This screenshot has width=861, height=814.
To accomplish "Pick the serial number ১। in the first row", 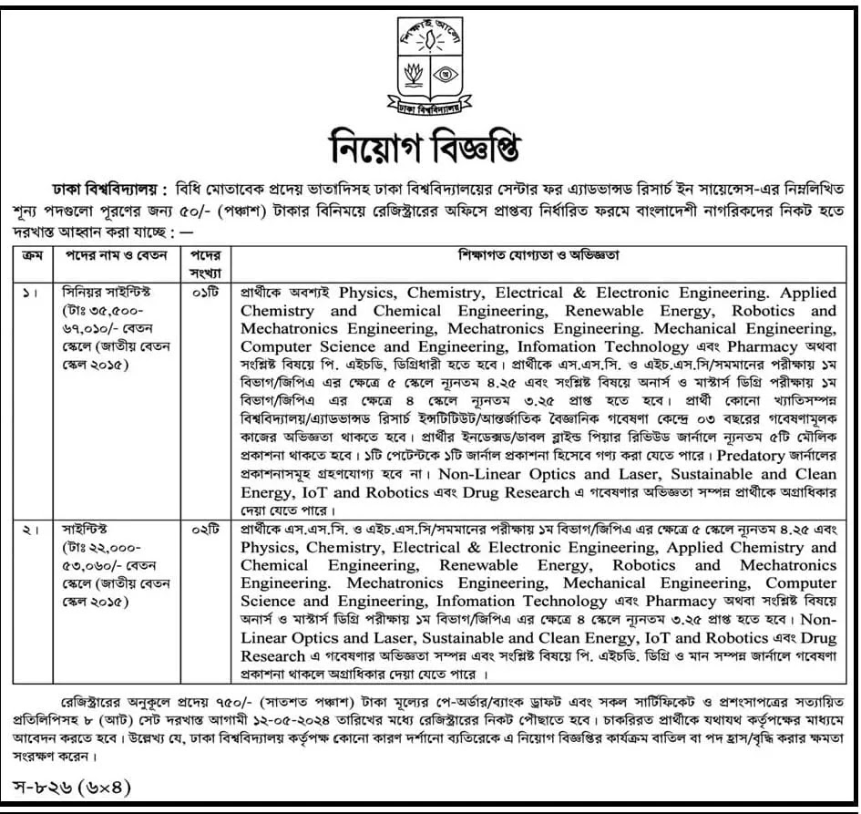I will (28, 293).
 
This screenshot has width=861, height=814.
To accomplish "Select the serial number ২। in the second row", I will (28, 530).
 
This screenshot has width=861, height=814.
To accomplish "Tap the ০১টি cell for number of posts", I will (207, 293).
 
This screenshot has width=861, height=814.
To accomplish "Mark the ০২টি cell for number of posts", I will (207, 530).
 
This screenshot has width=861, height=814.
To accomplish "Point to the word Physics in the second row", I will (271, 548).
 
